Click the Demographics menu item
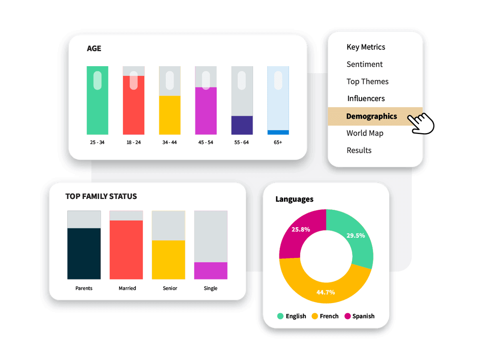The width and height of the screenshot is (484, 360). coord(371,116)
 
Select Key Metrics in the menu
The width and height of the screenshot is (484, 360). coord(366,47)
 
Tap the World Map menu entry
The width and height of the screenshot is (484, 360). coord(365,133)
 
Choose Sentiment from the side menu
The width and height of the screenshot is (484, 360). coord(365,64)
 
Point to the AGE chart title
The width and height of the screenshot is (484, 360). coord(94,48)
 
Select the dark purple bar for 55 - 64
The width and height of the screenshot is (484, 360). coord(242,125)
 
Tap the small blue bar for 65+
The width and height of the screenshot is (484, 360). coord(278,132)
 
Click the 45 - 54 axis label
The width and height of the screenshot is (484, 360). coord(206,142)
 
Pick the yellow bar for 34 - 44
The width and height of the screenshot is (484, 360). coord(170,115)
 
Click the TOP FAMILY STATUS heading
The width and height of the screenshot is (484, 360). coord(101,197)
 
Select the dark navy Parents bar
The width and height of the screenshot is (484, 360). coord(84,253)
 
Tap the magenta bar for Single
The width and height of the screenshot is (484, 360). coord(211,270)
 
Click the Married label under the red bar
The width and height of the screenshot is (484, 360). coord(127,288)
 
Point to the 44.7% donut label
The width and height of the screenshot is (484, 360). coord(325,292)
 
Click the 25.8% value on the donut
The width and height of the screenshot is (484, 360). coord(300,230)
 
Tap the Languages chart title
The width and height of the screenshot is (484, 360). coord(294,199)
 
